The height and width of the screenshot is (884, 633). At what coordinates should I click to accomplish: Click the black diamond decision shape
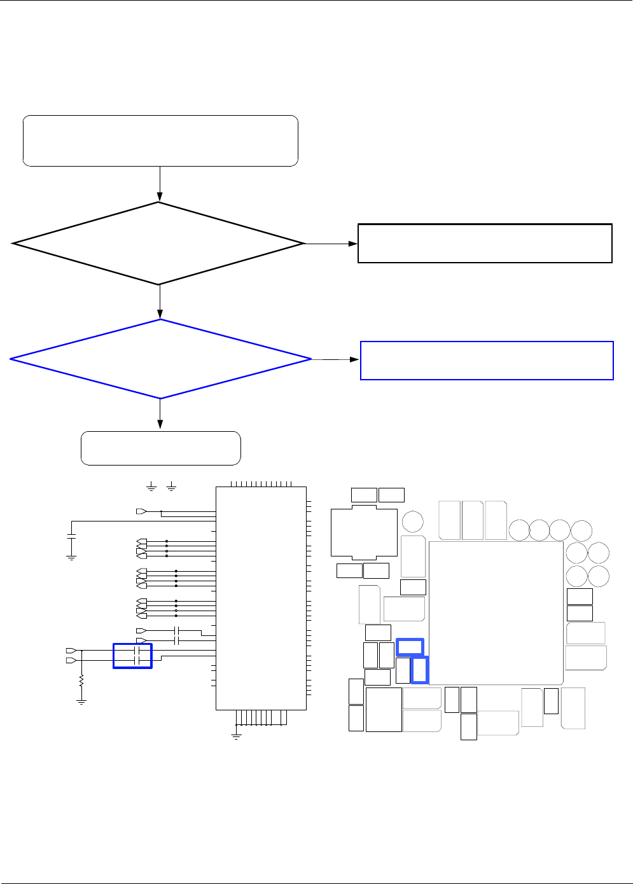158,244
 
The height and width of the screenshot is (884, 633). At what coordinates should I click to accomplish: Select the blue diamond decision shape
160,359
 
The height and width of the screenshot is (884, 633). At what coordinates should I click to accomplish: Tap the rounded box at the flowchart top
160,141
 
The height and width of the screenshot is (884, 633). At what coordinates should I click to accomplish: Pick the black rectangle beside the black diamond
485,243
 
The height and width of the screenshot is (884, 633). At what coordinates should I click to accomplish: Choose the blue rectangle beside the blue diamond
487,361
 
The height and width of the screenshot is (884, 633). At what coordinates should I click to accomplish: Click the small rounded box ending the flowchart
160,448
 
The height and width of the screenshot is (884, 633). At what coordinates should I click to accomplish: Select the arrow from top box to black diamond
160,184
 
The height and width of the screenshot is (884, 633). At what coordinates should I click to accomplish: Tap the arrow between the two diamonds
160,301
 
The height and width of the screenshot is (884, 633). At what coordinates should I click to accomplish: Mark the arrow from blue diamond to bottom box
160,415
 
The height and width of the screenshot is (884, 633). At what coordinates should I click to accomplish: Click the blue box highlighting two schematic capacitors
132,656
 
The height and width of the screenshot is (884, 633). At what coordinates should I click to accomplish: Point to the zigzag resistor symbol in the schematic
81,681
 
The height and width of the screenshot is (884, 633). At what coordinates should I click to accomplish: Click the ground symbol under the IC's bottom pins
236,736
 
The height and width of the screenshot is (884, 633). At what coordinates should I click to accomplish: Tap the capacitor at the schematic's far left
71,537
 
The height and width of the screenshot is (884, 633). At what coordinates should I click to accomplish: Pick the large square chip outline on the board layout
496,612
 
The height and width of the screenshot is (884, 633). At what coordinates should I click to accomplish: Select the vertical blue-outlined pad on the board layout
419,670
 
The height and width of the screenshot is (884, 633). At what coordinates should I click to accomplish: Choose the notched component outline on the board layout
364,533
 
